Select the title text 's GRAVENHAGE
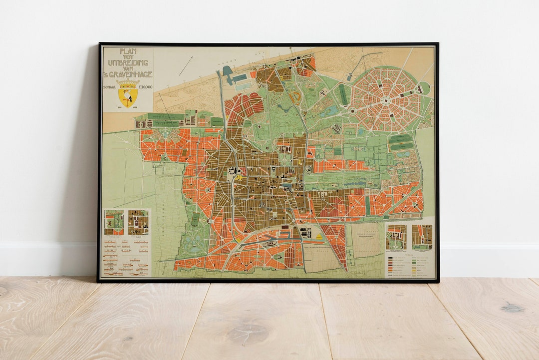[x=129, y=75]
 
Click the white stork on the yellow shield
[x=128, y=94]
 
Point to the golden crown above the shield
[x=128, y=83]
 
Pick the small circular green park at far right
[x=424, y=88]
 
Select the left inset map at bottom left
[x=114, y=222]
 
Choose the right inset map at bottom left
[x=138, y=222]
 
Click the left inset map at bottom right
[x=396, y=237]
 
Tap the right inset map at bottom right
[x=422, y=237]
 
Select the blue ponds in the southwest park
[x=192, y=244]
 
